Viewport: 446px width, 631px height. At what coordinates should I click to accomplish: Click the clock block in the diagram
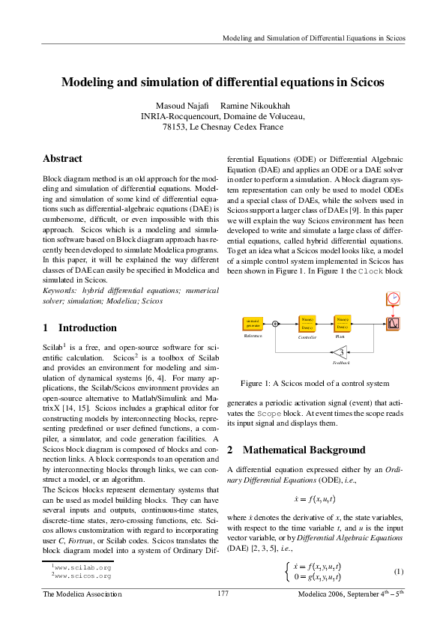coord(394,298)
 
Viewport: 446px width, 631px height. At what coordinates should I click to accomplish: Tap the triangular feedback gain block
coord(340,351)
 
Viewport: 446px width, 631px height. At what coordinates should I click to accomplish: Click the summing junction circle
coord(276,324)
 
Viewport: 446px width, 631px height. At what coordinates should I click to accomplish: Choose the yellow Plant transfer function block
coord(343,324)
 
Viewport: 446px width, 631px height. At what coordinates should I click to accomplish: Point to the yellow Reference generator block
coord(253,324)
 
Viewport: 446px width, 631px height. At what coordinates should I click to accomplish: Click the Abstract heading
coord(62,159)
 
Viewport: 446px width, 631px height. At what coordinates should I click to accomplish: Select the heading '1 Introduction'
coord(79,327)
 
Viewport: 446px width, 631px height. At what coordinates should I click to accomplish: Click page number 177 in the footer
coord(223,594)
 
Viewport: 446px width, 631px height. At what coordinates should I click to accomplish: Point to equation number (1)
coord(399,572)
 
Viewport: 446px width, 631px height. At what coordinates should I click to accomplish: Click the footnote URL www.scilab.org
coord(83,568)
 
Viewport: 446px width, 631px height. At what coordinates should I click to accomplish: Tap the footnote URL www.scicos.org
coord(83,576)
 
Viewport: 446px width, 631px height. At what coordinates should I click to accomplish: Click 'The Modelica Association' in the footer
coord(82,594)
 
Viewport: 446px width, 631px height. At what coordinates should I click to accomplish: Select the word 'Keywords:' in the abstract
coord(61,289)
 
